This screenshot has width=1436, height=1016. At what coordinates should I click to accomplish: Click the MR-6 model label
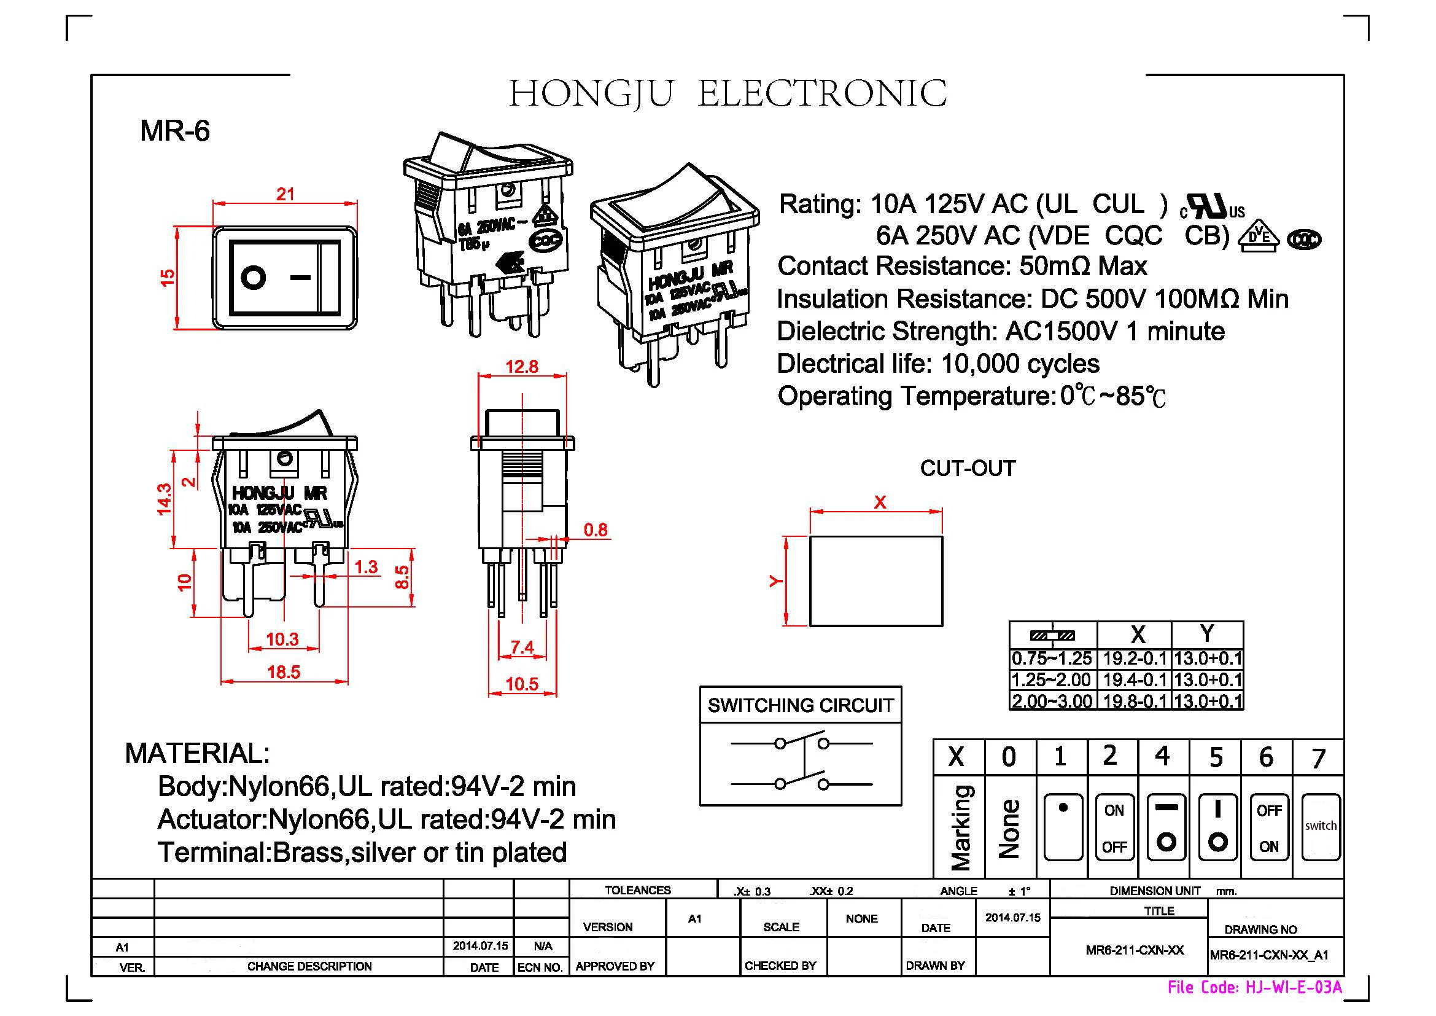[174, 131]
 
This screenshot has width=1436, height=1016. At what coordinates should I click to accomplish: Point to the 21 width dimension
[285, 195]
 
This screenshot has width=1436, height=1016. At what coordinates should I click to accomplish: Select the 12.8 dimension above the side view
[522, 367]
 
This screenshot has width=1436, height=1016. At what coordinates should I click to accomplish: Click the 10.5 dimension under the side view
[522, 684]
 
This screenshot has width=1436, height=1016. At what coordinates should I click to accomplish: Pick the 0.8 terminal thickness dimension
[595, 531]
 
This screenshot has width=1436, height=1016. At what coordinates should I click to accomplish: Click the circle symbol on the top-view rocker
[254, 277]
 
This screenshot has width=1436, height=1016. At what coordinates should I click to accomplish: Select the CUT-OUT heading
[967, 469]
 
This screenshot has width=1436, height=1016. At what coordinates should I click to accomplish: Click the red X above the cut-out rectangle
[879, 502]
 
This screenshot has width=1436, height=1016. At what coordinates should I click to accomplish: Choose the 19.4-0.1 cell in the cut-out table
[1135, 680]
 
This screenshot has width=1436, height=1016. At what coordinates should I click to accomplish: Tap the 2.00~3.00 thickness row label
[1052, 701]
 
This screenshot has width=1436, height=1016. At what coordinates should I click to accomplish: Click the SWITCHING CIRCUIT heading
[800, 706]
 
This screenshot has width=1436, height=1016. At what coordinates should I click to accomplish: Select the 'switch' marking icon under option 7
[1321, 827]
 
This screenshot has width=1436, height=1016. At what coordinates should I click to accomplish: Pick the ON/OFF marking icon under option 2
[1114, 827]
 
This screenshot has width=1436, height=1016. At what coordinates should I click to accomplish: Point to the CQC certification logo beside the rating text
[1305, 240]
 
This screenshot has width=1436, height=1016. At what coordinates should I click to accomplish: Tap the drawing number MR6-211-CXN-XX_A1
[1269, 955]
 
